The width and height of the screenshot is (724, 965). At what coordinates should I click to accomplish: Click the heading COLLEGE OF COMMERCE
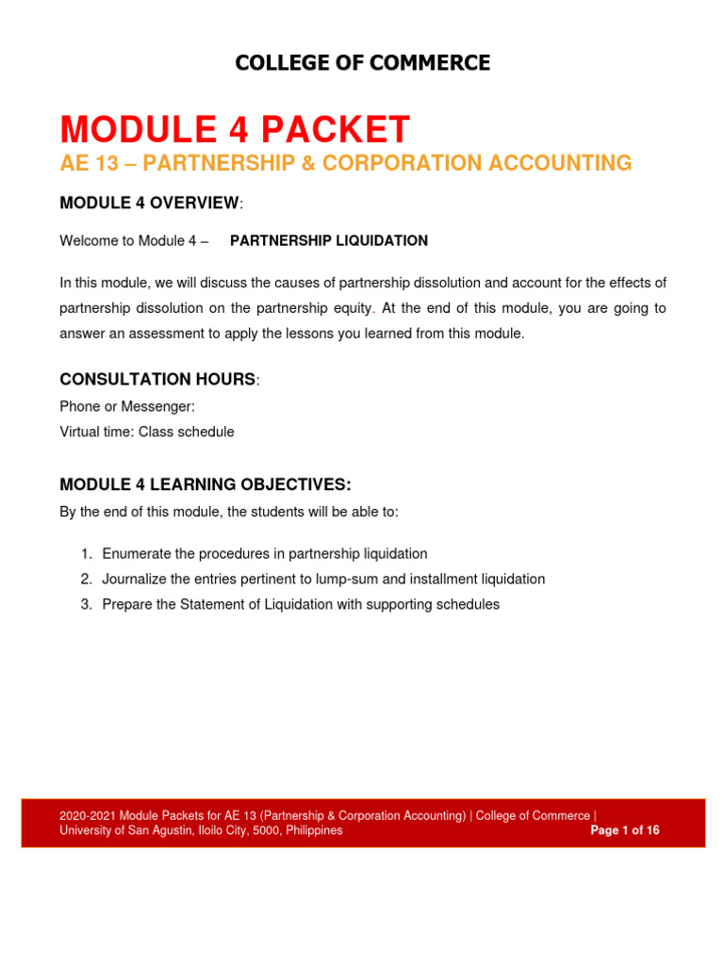tap(362, 63)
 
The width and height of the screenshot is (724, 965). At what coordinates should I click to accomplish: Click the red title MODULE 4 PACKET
tap(235, 129)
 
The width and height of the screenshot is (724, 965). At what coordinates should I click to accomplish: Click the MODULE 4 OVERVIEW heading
tap(150, 203)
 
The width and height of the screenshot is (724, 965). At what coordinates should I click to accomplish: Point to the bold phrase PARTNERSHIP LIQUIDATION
tap(329, 240)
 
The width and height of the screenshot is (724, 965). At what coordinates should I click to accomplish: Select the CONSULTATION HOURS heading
tap(157, 379)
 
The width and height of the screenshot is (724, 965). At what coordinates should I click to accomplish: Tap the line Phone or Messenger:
tap(127, 406)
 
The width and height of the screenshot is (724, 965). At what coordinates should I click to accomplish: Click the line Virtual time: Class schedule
tap(147, 432)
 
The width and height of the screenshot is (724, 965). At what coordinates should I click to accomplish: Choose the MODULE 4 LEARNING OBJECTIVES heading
tap(205, 484)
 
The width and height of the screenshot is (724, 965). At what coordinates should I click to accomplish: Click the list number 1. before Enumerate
tap(87, 553)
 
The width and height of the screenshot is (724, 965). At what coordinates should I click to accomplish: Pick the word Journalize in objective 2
tap(136, 579)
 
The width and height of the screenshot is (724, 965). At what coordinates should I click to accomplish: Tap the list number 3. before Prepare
tap(87, 604)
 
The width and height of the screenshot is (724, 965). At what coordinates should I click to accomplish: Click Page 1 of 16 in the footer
tap(624, 830)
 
